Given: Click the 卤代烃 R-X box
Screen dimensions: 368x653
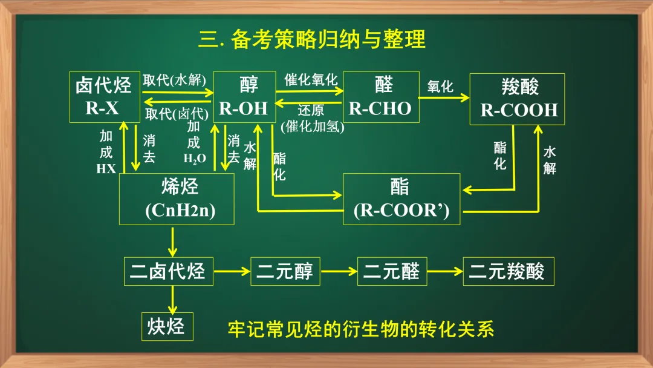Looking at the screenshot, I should (103, 97).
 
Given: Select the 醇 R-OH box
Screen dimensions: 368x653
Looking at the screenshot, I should (243, 97).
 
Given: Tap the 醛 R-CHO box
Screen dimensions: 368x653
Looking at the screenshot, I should (381, 97).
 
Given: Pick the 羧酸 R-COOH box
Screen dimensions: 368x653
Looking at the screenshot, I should (518, 99).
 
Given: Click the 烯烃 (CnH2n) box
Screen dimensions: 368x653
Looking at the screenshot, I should (177, 199).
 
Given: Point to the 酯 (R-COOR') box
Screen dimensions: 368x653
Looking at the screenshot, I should (401, 199).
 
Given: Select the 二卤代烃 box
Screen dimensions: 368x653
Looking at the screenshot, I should (168, 271).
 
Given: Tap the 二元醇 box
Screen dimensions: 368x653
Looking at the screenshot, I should (285, 271).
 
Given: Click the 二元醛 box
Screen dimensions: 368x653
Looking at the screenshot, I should (392, 271).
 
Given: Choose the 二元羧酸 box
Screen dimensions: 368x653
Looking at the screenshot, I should (508, 271).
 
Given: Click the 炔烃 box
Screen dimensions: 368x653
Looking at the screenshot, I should (167, 327).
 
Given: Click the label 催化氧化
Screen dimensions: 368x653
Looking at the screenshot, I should (311, 79).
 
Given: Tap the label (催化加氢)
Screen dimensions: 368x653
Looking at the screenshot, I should (312, 126).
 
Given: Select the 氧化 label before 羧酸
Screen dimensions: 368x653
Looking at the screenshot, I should (440, 86).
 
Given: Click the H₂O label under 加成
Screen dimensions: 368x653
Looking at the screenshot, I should (195, 159).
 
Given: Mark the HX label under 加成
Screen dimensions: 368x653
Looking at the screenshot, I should (106, 169).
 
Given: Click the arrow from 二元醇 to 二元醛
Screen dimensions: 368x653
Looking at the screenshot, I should (339, 271).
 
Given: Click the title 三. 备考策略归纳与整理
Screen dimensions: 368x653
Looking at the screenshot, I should (312, 39).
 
